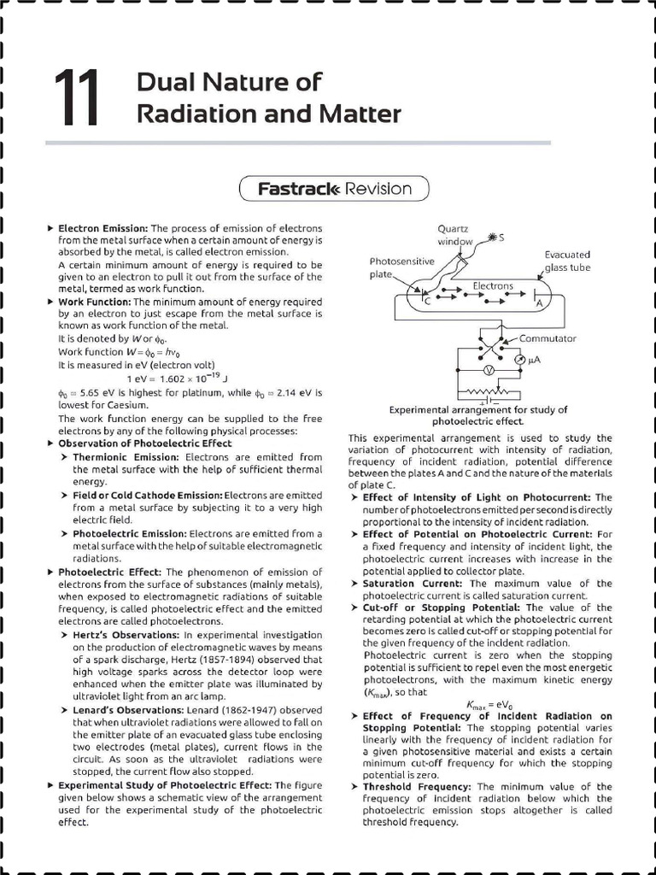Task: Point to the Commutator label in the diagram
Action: pyautogui.click(x=548, y=338)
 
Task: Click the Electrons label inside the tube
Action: pyautogui.click(x=494, y=285)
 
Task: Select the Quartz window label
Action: pyautogui.click(x=455, y=235)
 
